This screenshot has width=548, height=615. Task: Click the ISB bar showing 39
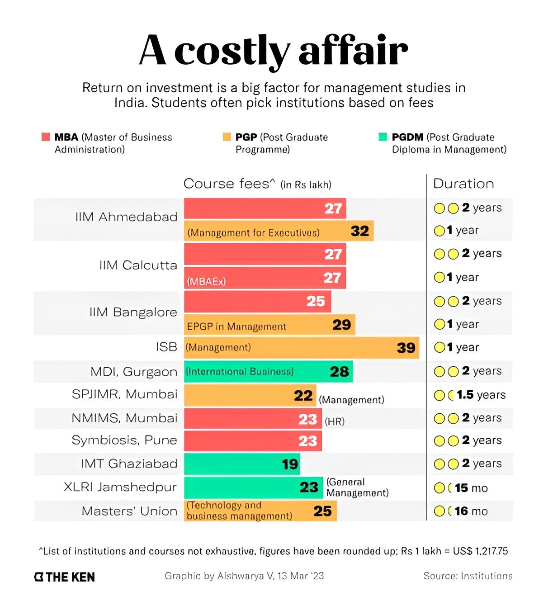tap(301, 347)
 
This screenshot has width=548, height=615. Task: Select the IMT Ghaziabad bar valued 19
tap(242, 464)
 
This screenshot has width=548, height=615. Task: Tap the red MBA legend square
tap(46, 137)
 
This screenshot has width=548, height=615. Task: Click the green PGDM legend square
tap(383, 137)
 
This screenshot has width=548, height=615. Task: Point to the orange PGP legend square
tap(227, 137)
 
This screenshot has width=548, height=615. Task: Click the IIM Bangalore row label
tap(133, 312)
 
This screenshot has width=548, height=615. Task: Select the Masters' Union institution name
tap(129, 511)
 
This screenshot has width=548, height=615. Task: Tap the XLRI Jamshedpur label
tap(120, 487)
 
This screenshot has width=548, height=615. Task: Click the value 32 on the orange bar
tap(360, 231)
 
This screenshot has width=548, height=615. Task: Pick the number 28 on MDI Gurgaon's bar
tap(339, 372)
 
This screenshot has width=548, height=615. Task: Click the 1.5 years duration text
tap(481, 395)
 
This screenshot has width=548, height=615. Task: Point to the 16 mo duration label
tap(471, 511)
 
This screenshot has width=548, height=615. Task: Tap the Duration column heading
tap(463, 184)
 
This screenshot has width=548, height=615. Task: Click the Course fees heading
tap(257, 184)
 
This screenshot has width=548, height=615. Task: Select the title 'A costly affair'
tap(274, 50)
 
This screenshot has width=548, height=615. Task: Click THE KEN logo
tap(65, 577)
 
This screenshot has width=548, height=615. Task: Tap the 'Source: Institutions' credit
tap(468, 576)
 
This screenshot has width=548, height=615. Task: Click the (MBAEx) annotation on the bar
tap(206, 282)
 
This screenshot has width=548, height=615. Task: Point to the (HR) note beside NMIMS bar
tap(335, 421)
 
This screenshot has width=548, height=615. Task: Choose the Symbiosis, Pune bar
tap(253, 441)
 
